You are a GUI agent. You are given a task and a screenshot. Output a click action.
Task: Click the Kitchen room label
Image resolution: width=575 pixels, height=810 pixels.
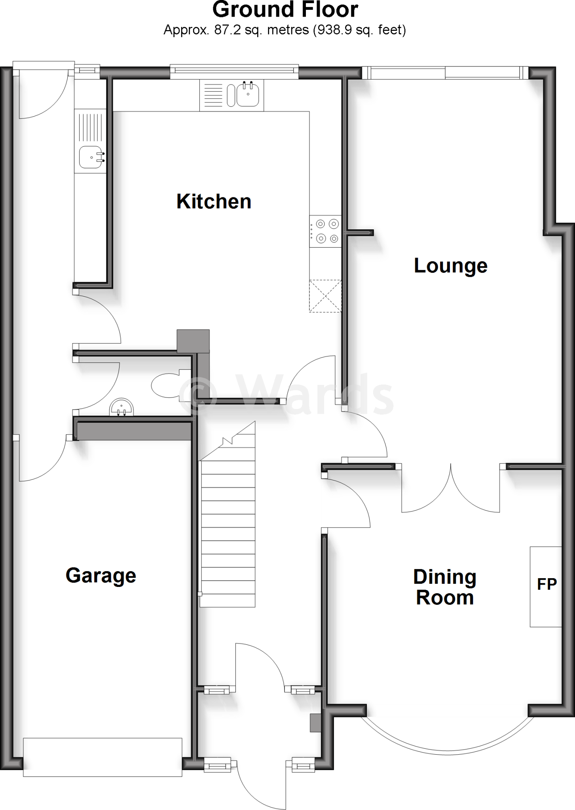click(x=214, y=201)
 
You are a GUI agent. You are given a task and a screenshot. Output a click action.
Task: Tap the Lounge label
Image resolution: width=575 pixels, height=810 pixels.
click(x=450, y=265)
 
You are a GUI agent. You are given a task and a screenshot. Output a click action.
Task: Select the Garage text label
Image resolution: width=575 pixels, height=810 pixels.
click(x=101, y=575)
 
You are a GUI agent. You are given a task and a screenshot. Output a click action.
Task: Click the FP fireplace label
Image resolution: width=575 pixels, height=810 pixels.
click(x=547, y=584)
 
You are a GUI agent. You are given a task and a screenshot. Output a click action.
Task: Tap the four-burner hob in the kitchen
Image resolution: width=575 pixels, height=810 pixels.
click(x=325, y=231)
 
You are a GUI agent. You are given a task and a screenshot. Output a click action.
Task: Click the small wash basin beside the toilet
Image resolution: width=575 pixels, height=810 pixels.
click(x=121, y=407)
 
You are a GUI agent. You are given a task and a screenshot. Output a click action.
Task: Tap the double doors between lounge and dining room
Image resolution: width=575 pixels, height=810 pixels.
click(x=451, y=490)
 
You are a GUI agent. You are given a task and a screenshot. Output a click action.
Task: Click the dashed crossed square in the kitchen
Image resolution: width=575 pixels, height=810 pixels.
click(x=325, y=296)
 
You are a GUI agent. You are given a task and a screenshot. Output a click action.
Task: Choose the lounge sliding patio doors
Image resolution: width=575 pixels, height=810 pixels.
click(x=445, y=73)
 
